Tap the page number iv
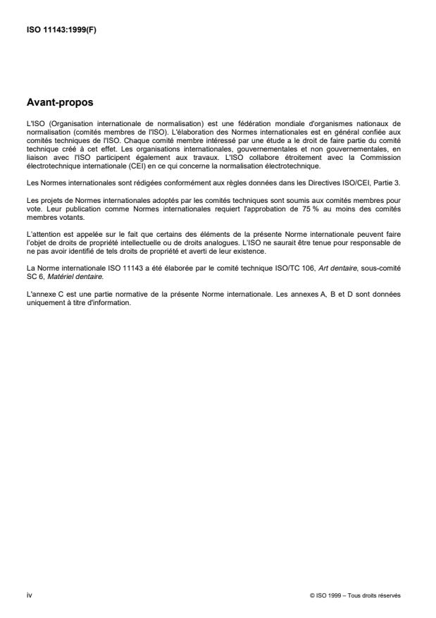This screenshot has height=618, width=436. pos(29,595)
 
